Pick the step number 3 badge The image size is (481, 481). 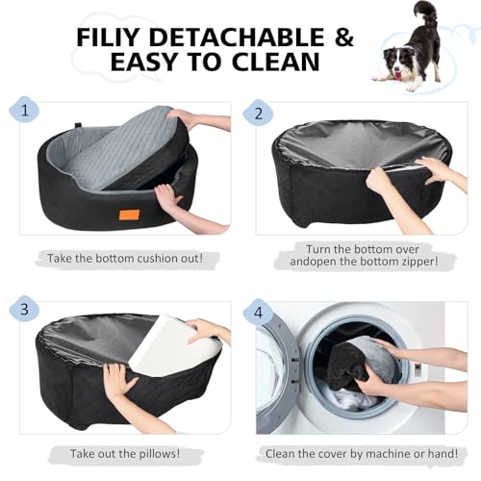23,309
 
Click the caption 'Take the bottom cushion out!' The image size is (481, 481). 123,259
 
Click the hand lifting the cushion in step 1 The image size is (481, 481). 183,118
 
